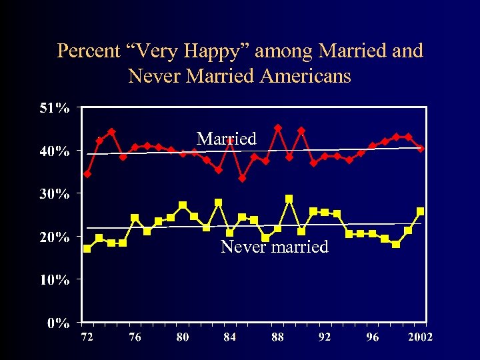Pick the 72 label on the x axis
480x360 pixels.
[87, 337]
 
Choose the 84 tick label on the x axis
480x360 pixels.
[230, 337]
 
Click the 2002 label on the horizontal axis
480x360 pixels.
[419, 337]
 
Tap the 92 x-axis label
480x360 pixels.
[325, 337]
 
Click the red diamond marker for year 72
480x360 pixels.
[87, 174]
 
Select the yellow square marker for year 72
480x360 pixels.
[87, 249]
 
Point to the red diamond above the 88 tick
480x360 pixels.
[278, 128]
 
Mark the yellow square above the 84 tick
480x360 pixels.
[230, 233]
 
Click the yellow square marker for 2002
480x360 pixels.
[420, 211]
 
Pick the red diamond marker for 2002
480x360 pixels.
[420, 149]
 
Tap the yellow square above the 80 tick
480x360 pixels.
[183, 205]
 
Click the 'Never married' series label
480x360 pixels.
[275, 247]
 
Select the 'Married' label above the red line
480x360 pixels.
[227, 139]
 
